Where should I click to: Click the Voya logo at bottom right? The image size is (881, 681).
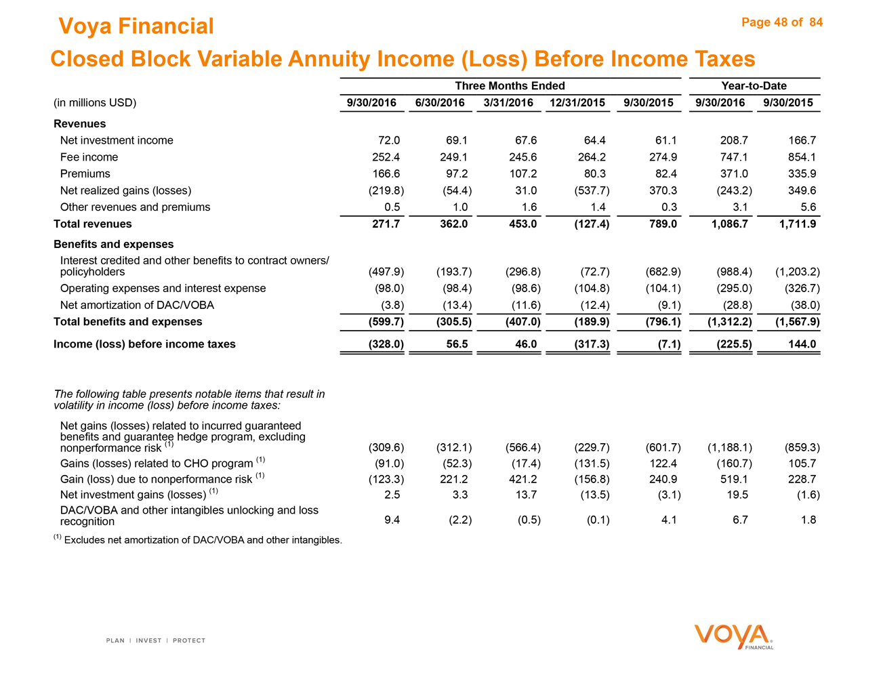click(x=733, y=636)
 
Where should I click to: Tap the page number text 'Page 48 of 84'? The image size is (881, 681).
click(x=781, y=22)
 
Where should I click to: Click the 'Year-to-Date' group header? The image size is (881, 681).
click(x=754, y=85)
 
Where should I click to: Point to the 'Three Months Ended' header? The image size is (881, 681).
click(x=510, y=85)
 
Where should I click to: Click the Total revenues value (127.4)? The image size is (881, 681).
click(x=591, y=224)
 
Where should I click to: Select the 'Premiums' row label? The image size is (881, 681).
click(x=85, y=173)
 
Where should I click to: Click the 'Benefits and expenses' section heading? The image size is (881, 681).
click(x=113, y=244)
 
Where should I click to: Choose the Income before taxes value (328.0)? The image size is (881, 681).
click(x=386, y=344)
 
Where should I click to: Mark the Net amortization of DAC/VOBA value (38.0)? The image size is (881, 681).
click(x=802, y=305)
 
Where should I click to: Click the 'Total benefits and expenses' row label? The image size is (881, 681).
click(x=127, y=322)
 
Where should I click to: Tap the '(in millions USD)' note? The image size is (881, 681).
click(x=95, y=103)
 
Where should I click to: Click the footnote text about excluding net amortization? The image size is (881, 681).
click(x=202, y=540)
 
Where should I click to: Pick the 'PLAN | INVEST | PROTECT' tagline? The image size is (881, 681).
click(x=155, y=640)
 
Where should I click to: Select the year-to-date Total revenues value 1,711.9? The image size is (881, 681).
click(x=798, y=224)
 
